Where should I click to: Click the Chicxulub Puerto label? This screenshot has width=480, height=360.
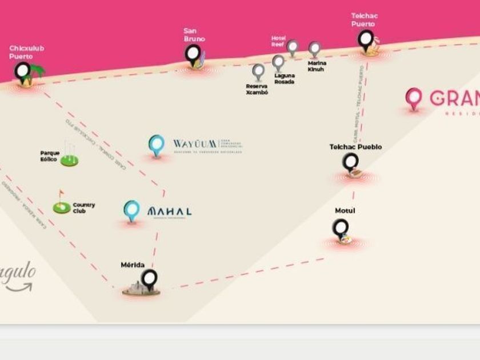click(26, 53)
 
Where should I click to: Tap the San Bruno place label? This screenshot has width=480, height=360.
click(194, 35)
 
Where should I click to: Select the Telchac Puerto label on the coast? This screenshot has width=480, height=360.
click(364, 20)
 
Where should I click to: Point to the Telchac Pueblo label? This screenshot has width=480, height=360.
click(355, 147)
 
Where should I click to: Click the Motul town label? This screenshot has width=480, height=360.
click(345, 211)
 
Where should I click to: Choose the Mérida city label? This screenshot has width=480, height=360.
click(133, 265)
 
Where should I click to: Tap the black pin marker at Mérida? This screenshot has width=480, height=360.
click(149, 278)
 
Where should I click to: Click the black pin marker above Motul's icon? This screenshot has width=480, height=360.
click(341, 228)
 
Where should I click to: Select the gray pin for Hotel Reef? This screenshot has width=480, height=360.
click(293, 47)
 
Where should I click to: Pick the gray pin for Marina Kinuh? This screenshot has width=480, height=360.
click(314, 49)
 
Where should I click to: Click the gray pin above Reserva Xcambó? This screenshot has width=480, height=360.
click(258, 71)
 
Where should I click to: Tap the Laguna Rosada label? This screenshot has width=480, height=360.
click(284, 78)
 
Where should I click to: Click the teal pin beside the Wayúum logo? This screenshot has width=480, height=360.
click(156, 145)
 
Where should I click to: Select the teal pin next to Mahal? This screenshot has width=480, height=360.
click(132, 210)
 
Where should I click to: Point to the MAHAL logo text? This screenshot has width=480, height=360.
click(169, 211)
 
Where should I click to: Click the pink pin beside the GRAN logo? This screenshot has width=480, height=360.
click(413, 98)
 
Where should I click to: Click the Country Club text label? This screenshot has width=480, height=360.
click(84, 207)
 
